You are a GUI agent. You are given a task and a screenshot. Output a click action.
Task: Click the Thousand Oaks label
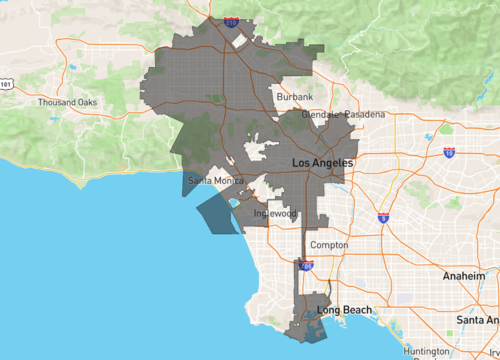(66, 102)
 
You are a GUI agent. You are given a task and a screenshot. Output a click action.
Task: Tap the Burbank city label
(295, 96)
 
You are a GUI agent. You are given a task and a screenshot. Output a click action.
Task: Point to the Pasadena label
(365, 115)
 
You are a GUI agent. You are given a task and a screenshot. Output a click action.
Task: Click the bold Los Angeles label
(321, 162)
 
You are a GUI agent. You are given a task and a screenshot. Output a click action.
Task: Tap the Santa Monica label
(215, 180)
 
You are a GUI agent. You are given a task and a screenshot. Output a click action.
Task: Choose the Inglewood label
(277, 213)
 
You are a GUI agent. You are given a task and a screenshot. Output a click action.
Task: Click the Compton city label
(328, 245)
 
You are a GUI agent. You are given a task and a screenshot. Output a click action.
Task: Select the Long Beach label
(344, 310)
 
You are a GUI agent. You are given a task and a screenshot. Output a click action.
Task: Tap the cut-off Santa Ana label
(479, 320)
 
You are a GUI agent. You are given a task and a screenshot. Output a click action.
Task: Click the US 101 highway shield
(6, 84)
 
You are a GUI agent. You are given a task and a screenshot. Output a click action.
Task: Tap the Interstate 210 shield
(231, 19)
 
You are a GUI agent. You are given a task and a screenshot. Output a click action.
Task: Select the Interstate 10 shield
(449, 153)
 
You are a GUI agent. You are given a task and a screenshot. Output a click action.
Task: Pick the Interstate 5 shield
(383, 217)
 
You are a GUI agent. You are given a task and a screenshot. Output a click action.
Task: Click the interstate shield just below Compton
(306, 266)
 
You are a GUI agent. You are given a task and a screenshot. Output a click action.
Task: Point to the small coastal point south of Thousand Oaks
(78, 183)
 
